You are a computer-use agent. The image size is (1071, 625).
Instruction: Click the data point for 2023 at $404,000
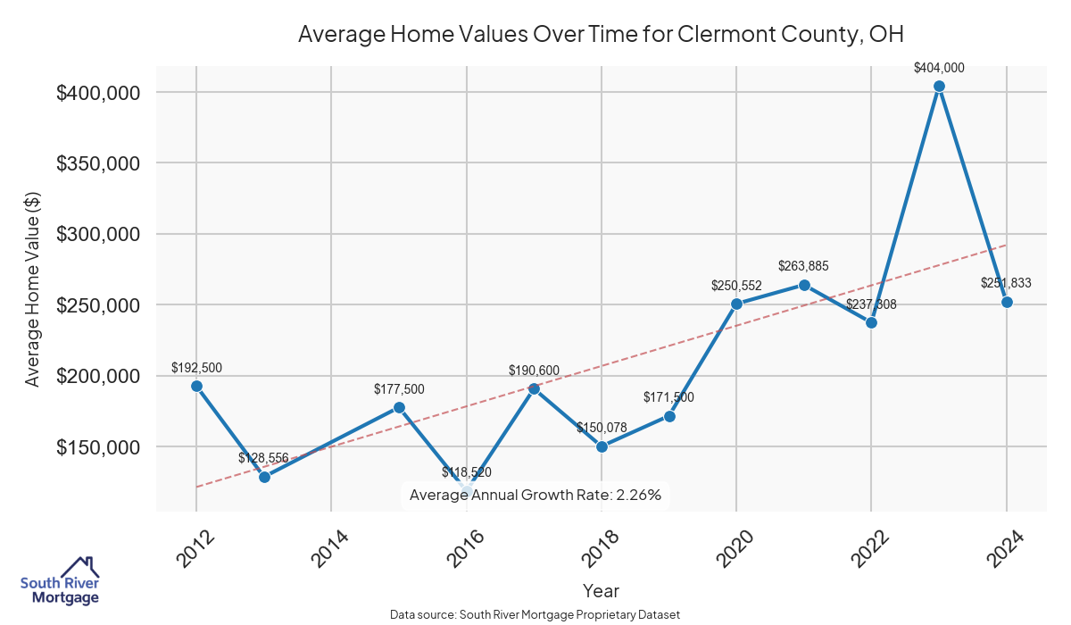tap(939, 87)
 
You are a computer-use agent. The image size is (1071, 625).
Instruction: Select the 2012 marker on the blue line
tap(196, 386)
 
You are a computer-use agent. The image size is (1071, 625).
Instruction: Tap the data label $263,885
tap(804, 266)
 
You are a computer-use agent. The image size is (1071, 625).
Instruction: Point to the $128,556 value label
tap(263, 458)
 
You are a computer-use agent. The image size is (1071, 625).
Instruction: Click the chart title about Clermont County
tap(601, 35)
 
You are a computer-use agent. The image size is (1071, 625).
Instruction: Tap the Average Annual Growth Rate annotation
tap(535, 495)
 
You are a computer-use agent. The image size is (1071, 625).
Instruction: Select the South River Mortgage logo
tap(60, 581)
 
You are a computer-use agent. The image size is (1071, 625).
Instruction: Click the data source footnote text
tap(535, 614)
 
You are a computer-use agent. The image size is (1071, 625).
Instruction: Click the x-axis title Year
tap(601, 591)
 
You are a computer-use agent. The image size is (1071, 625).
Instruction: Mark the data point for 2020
tap(736, 304)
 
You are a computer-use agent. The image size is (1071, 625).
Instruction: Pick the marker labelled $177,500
tap(399, 407)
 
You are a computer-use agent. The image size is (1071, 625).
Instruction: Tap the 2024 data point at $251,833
tap(1007, 302)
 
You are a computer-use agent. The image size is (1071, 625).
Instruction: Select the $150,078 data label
tap(602, 428)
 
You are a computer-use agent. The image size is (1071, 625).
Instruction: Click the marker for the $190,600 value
tap(534, 388)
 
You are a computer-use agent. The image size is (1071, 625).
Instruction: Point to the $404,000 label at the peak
tap(939, 68)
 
